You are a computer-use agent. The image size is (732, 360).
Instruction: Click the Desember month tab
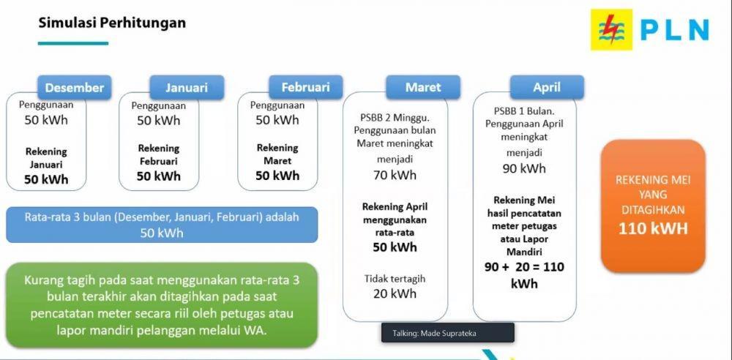[x=75, y=87]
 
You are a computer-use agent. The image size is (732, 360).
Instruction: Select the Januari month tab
[x=187, y=87]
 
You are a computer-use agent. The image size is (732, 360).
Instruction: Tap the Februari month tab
[x=306, y=87]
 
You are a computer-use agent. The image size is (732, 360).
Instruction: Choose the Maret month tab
[x=423, y=87]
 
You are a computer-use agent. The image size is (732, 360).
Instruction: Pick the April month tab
[x=547, y=87]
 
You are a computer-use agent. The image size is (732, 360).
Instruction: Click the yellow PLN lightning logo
[x=611, y=29]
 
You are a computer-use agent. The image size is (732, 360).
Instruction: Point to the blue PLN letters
[x=674, y=30]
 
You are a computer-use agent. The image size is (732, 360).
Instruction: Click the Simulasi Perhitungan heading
[x=112, y=23]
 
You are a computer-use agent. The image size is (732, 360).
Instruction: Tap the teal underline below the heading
[x=73, y=43]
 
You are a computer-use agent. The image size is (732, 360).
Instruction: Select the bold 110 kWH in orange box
[x=653, y=228]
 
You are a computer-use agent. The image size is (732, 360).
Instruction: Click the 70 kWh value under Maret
[x=395, y=175]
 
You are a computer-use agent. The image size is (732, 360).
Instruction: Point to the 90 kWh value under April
[x=524, y=168]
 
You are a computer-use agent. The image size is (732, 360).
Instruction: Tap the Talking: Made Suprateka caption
[x=434, y=334]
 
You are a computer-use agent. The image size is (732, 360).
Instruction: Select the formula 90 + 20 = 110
[x=524, y=267]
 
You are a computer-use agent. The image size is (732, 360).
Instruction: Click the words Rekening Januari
[x=46, y=158]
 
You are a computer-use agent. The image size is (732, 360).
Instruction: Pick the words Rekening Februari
[x=159, y=154]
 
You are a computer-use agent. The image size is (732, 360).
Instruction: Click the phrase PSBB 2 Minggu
[x=395, y=116]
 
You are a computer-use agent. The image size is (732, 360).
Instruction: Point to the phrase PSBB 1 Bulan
[x=524, y=111]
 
